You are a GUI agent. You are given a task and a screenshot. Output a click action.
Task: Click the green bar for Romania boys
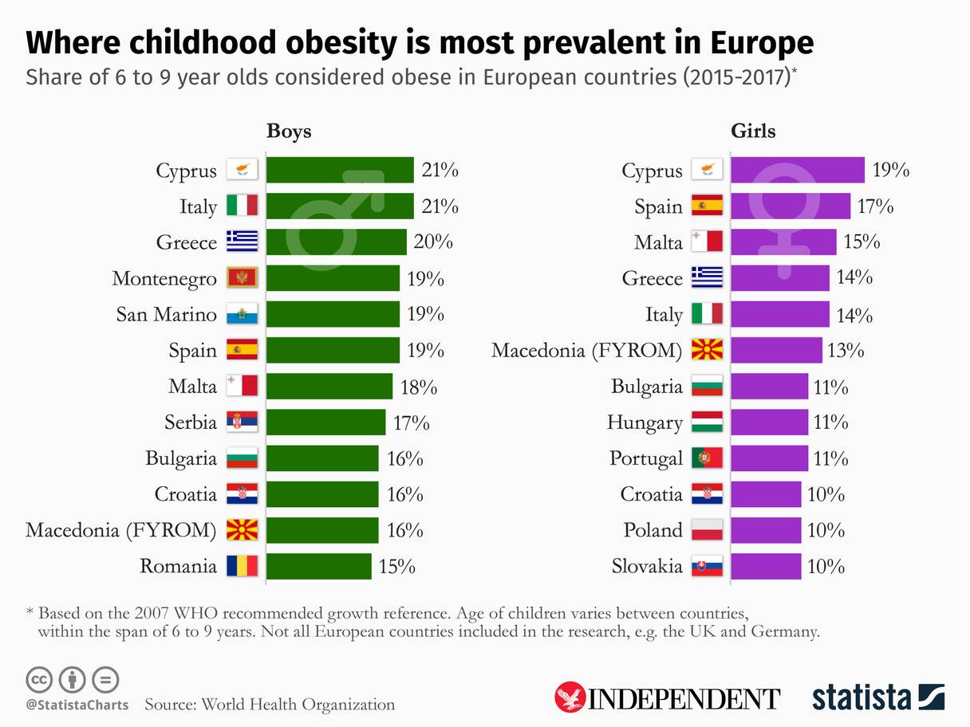click(x=318, y=567)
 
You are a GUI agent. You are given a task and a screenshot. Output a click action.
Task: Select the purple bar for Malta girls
click(x=783, y=242)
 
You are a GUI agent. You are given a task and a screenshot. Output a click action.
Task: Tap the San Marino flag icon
click(x=242, y=315)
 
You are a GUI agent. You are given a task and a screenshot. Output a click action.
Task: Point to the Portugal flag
click(x=707, y=458)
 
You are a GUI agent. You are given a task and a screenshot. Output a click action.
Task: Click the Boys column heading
click(x=289, y=131)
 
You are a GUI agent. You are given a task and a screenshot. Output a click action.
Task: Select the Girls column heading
click(x=753, y=131)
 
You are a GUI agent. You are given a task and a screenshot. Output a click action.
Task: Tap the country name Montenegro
click(x=164, y=279)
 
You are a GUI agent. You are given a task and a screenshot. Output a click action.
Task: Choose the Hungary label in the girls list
click(x=645, y=422)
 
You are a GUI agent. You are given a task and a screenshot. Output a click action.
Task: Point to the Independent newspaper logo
click(x=667, y=698)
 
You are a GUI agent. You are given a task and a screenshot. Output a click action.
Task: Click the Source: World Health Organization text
click(x=270, y=705)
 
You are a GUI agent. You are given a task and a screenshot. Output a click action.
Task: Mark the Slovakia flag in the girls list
click(x=707, y=567)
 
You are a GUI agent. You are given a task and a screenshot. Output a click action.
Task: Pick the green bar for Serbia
click(x=325, y=422)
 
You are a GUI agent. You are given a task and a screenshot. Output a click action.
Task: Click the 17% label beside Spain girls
click(x=875, y=206)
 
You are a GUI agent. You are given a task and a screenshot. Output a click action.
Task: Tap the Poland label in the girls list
click(x=653, y=531)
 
